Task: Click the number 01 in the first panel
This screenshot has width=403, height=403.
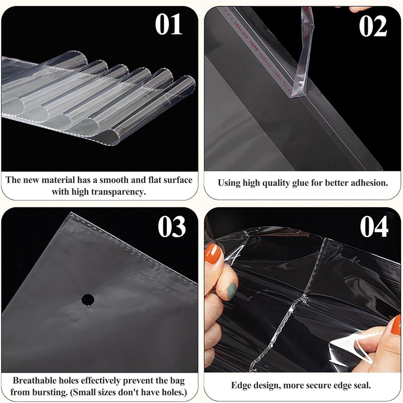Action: (x=169, y=25)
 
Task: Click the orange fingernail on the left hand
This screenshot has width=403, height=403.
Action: (x=212, y=253)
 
